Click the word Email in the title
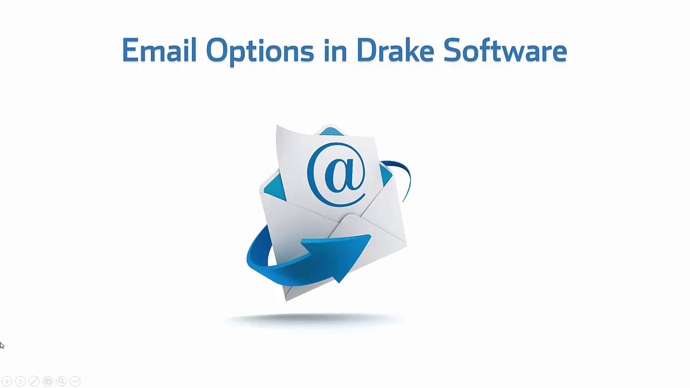pos(159,50)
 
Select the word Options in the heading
pos(260,52)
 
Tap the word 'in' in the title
pos(335,50)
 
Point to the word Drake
pos(395,50)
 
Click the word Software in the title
pos(505,50)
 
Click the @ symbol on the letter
pos(336,174)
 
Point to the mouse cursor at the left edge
pos(2,345)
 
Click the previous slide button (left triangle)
pos(7,381)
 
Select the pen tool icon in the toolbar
pos(34,381)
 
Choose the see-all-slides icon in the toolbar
pos(48,381)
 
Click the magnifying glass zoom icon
pos(61,381)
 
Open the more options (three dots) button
pos(75,381)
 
